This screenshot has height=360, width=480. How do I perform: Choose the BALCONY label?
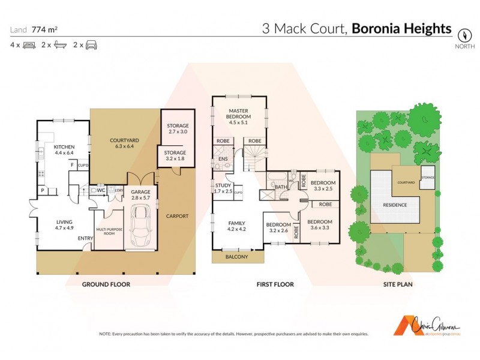tap(238, 257)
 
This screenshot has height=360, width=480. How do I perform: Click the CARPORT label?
tap(177, 216)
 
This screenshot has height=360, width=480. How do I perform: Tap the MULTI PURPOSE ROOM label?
tap(105, 232)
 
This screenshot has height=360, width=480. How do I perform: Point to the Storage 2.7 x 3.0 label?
tap(178, 128)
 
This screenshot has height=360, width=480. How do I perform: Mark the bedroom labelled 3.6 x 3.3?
tap(320, 225)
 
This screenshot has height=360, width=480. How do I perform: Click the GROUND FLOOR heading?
tap(106, 284)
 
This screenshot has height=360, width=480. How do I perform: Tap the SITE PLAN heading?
tap(398, 284)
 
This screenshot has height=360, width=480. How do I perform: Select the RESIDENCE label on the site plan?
tap(394, 205)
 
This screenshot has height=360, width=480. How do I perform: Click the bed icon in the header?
tap(29, 45)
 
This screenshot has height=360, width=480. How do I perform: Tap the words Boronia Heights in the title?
tap(401, 28)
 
